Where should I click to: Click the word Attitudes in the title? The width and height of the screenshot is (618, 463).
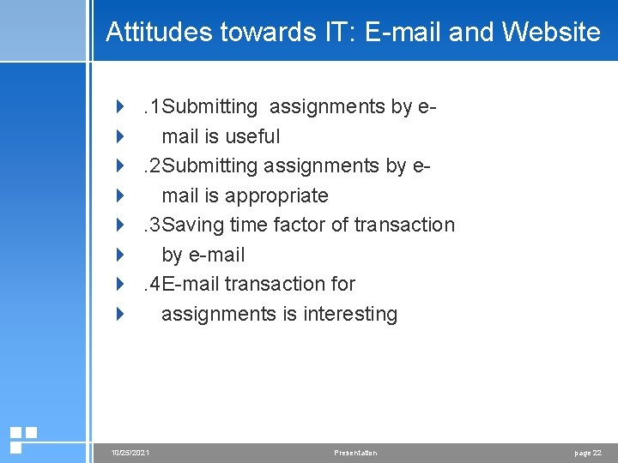(x=160, y=33)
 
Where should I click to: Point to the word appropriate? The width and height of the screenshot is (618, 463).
(x=276, y=195)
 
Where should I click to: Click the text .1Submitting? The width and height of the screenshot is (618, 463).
(x=200, y=107)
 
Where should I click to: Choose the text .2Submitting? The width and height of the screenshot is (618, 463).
(x=200, y=165)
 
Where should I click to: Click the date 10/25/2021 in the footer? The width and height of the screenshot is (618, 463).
(x=131, y=453)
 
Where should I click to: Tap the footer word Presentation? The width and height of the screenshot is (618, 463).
(x=354, y=453)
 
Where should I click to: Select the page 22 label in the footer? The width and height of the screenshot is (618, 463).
(x=588, y=453)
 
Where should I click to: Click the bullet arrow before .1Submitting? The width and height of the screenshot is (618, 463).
(x=120, y=107)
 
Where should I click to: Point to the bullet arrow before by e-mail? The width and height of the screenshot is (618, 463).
(x=120, y=255)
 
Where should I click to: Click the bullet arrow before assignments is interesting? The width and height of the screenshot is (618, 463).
(x=120, y=314)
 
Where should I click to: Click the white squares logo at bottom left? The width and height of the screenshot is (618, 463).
(x=22, y=438)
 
